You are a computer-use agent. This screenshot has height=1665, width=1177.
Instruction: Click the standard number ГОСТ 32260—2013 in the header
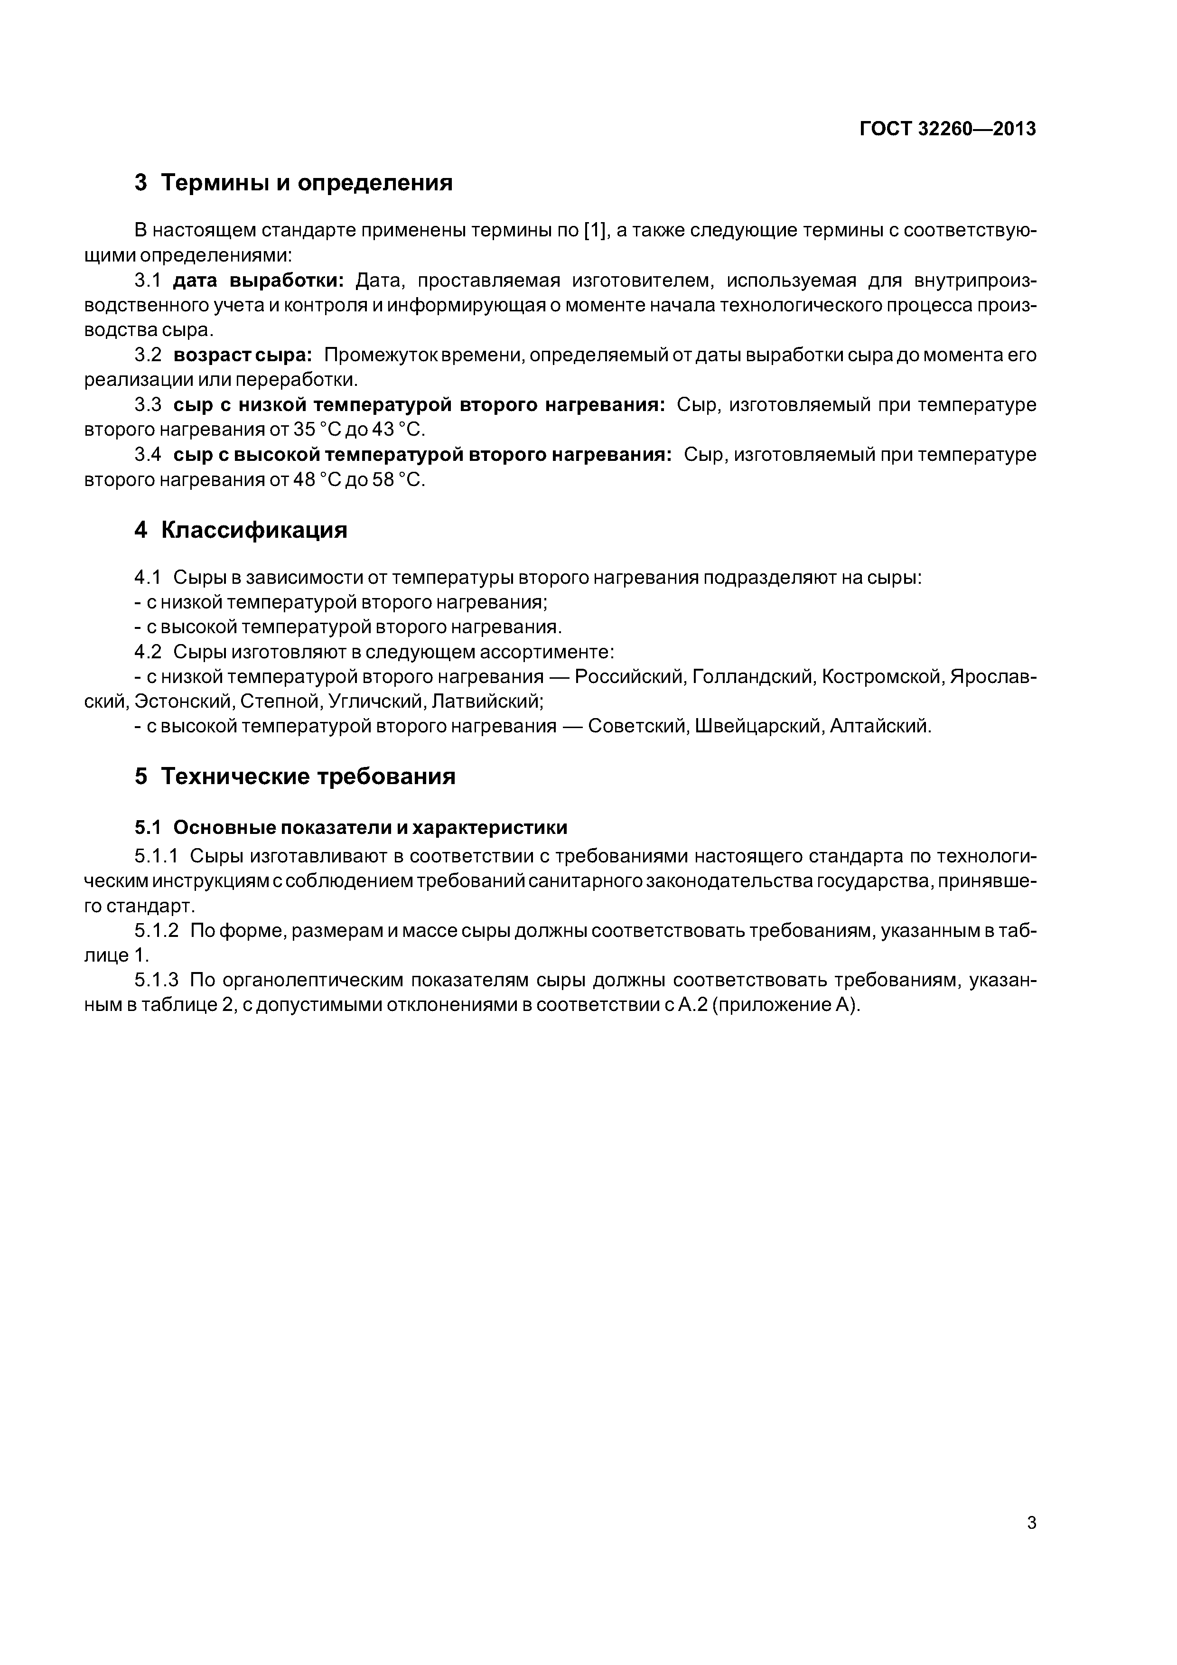(x=947, y=129)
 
